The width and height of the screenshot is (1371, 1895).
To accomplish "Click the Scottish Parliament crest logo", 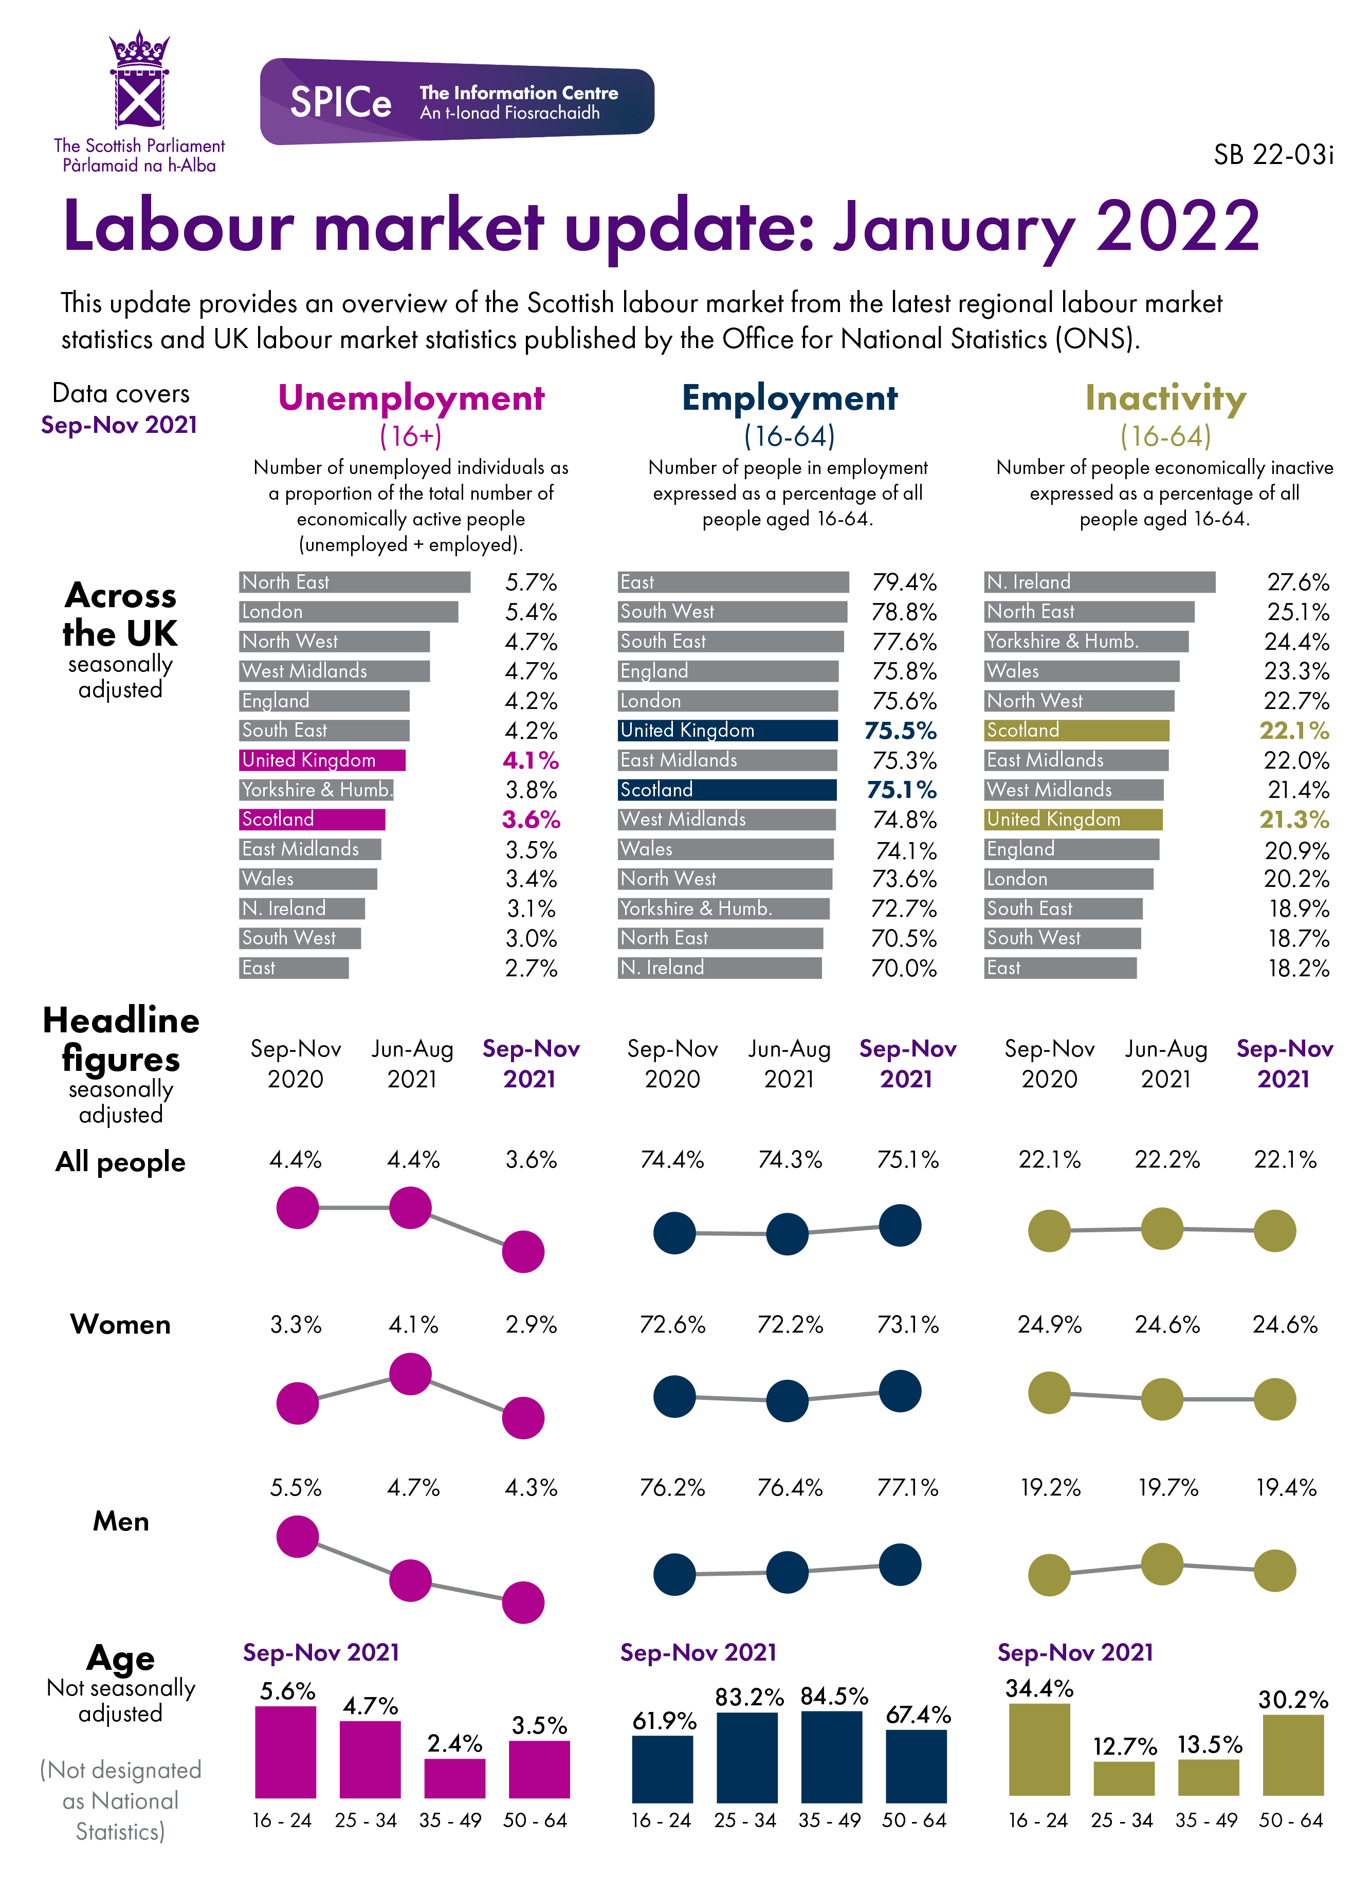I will pyautogui.click(x=139, y=82).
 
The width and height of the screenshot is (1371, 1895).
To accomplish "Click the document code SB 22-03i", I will pyautogui.click(x=1272, y=155).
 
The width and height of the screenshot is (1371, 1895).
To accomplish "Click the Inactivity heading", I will pyautogui.click(x=1165, y=398).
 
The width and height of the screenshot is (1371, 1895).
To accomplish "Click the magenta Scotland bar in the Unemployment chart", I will pyautogui.click(x=312, y=819).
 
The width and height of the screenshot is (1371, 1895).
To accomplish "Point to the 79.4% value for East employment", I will pyautogui.click(x=904, y=582).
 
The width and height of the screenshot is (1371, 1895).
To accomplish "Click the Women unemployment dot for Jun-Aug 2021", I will pyautogui.click(x=410, y=1374).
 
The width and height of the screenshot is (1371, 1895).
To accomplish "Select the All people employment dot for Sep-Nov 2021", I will pyautogui.click(x=900, y=1226).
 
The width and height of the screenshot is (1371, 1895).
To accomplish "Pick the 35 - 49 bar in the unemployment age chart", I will pyautogui.click(x=454, y=1777).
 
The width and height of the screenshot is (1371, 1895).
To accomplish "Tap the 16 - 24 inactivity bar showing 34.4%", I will pyautogui.click(x=1039, y=1750).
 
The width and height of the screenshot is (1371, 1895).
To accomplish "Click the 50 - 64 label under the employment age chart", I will pyautogui.click(x=914, y=1820).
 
